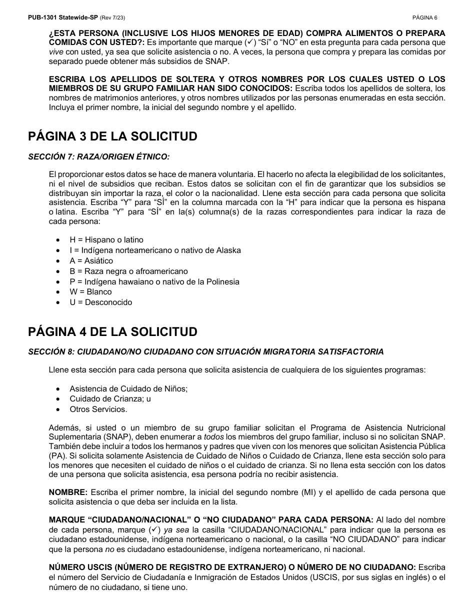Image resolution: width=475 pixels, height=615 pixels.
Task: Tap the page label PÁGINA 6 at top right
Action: click(x=424, y=17)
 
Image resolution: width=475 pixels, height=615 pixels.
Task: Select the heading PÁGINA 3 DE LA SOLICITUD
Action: click(x=112, y=136)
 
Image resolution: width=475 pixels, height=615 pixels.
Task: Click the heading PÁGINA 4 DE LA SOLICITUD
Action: click(x=112, y=331)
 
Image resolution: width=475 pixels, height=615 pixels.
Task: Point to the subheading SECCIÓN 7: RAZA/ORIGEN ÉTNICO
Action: click(x=99, y=157)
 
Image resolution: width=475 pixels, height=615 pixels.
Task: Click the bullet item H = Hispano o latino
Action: click(x=106, y=240)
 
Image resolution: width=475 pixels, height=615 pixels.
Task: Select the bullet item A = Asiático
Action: click(x=91, y=260)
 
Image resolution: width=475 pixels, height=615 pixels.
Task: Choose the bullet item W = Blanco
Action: click(x=90, y=292)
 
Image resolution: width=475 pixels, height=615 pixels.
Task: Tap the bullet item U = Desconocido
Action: click(x=100, y=302)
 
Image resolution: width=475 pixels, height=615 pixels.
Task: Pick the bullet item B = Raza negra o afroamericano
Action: click(x=128, y=271)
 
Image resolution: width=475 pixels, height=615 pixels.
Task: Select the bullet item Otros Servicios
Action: click(x=98, y=409)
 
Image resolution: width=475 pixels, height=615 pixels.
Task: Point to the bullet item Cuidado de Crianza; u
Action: click(x=110, y=399)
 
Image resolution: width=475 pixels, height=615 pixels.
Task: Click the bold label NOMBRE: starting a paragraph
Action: click(x=68, y=492)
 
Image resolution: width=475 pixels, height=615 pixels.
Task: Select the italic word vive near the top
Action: click(x=56, y=51)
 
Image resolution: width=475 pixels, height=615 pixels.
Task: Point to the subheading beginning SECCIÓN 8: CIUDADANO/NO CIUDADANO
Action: click(x=206, y=352)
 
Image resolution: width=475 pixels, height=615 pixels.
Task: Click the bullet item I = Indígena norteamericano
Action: click(x=155, y=250)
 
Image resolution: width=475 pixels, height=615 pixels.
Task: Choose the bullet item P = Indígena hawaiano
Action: click(x=154, y=282)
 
